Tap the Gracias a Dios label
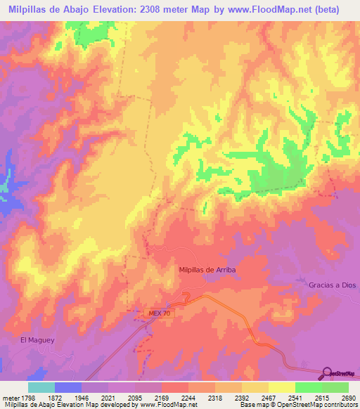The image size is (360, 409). pos(333,285)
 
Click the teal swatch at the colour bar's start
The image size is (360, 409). pos(41,387)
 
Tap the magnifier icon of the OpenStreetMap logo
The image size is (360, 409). pos(326,372)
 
